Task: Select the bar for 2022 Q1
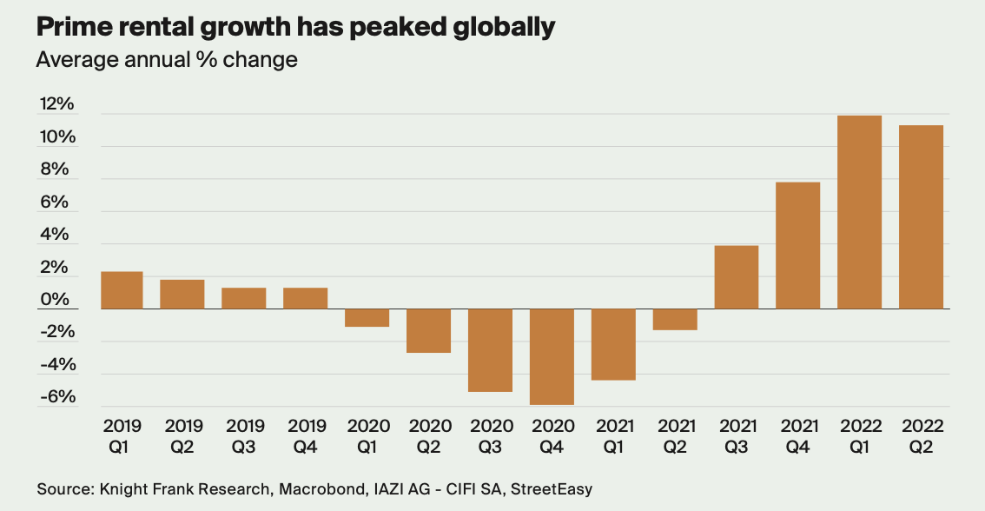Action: click(x=859, y=212)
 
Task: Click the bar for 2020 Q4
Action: click(x=552, y=356)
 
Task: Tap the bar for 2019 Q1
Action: click(x=122, y=290)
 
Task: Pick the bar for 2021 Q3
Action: click(x=737, y=277)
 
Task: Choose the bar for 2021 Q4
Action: click(x=798, y=245)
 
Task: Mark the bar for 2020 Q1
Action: click(x=367, y=317)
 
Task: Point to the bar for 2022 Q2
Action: click(x=921, y=217)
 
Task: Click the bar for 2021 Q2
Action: click(x=675, y=319)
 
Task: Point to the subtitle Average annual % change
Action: click(x=167, y=60)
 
